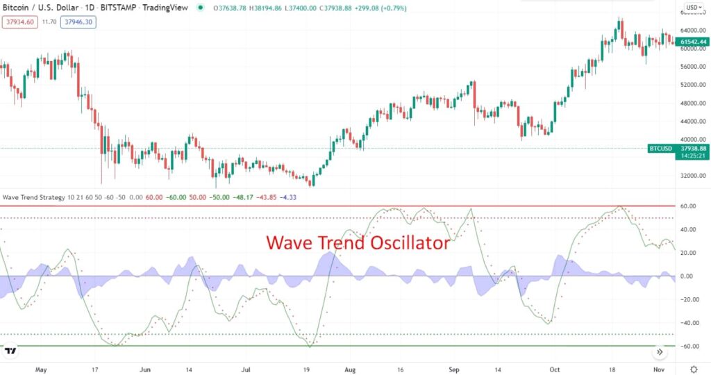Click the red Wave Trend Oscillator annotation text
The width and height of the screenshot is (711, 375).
(x=358, y=244)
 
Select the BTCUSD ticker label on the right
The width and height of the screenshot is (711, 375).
(x=660, y=148)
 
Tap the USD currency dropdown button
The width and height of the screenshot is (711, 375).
(x=692, y=8)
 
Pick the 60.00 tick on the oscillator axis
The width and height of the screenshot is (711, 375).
(x=687, y=206)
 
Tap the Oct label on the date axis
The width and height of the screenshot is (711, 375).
(x=554, y=369)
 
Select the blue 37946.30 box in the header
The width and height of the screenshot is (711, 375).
(x=79, y=22)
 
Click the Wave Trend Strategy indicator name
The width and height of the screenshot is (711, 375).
(x=33, y=197)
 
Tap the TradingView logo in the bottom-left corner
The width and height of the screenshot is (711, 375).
(x=10, y=351)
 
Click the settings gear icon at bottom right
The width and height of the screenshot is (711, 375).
(x=694, y=369)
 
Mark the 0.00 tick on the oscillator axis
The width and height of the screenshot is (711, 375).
(x=687, y=276)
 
